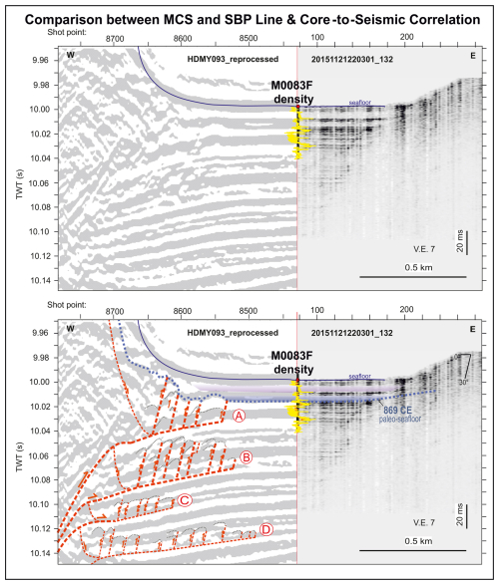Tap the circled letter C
(184, 499)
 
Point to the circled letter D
(265, 529)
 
